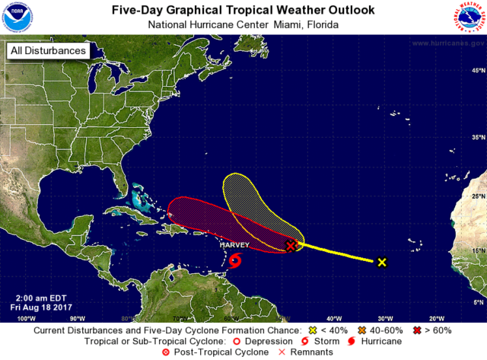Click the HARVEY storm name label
tap(234, 246)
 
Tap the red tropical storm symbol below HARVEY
tap(235, 261)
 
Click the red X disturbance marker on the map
tap(291, 245)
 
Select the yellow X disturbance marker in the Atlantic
tap(382, 263)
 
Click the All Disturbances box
tap(47, 52)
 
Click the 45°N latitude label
tap(478, 70)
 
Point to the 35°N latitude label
tap(478, 138)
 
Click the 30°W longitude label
tap(384, 317)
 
